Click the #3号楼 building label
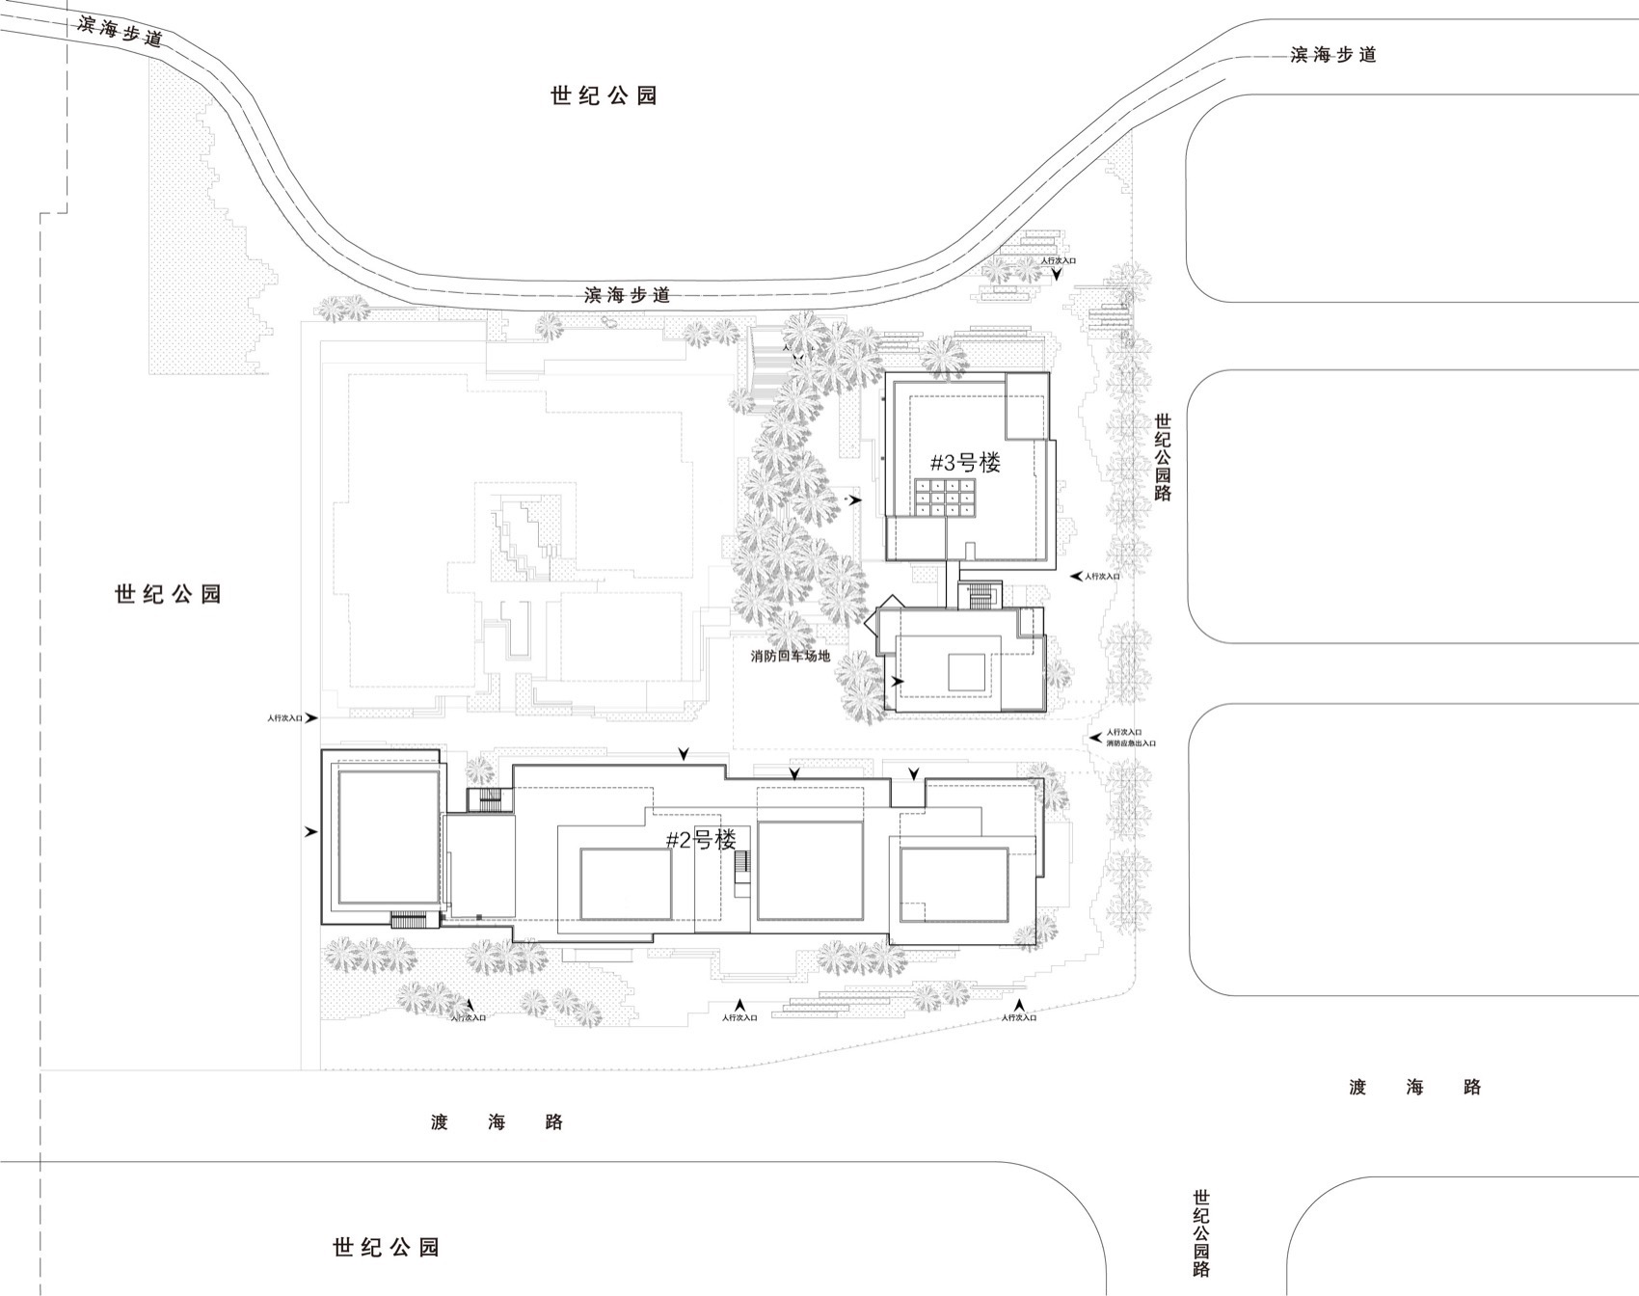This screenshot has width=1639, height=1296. click(x=965, y=462)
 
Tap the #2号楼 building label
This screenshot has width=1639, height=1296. click(x=701, y=839)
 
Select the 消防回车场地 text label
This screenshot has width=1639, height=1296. click(x=790, y=656)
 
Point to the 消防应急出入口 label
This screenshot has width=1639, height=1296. click(x=1130, y=743)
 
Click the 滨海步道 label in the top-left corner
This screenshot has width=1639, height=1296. click(x=121, y=32)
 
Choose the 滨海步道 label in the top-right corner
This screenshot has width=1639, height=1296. click(x=1332, y=55)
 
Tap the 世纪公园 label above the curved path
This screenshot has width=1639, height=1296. click(x=604, y=95)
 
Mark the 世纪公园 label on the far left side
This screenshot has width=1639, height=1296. click(x=168, y=594)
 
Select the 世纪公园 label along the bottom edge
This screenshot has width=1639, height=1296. click(x=386, y=1247)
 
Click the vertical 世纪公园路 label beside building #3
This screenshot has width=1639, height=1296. click(x=1163, y=456)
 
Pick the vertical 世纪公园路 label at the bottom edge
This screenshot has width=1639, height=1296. click(x=1200, y=1231)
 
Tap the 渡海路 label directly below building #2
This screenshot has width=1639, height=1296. click(x=497, y=1122)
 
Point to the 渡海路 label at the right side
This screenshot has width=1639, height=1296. click(x=1414, y=1088)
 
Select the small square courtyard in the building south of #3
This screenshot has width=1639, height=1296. click(x=965, y=671)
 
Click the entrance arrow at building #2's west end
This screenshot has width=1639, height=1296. click(x=310, y=831)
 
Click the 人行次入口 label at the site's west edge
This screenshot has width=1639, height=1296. click(x=285, y=718)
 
